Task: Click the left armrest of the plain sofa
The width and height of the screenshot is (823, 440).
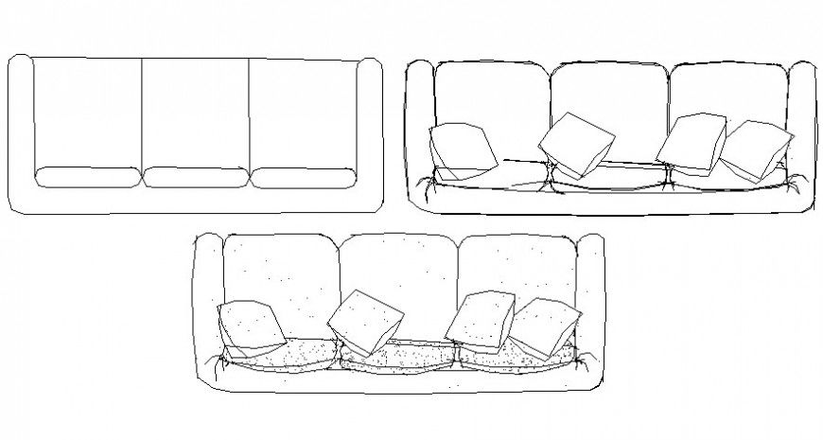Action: tap(20, 132)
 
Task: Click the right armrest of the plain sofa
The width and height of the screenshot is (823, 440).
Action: tap(371, 132)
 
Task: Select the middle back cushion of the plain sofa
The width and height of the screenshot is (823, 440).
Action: tap(195, 112)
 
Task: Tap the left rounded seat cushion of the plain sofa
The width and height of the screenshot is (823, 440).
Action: tap(87, 177)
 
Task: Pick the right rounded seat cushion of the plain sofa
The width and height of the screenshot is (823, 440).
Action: tap(304, 177)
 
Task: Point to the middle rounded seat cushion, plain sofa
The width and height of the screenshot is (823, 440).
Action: tap(196, 177)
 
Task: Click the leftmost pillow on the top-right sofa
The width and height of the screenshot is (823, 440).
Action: tap(462, 150)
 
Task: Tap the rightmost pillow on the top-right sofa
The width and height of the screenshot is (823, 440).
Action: tap(757, 150)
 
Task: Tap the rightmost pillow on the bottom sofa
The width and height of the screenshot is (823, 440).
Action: tap(545, 326)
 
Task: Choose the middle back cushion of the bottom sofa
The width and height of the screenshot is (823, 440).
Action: tap(399, 270)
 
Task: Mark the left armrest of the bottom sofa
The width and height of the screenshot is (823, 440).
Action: tap(207, 303)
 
